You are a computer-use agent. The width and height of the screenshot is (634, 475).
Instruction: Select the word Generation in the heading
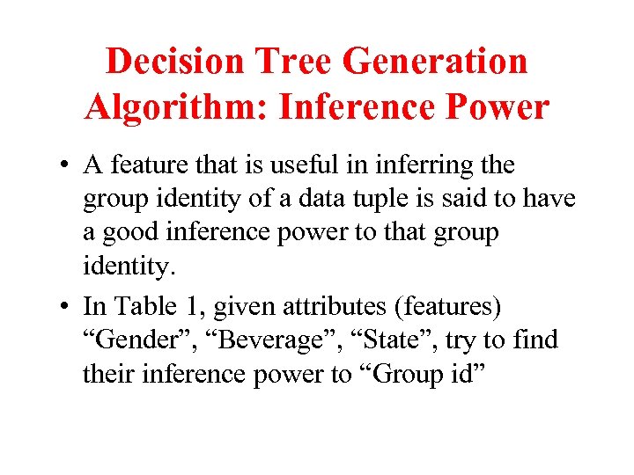click(434, 62)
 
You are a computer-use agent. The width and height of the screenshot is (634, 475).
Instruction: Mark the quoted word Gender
click(129, 340)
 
